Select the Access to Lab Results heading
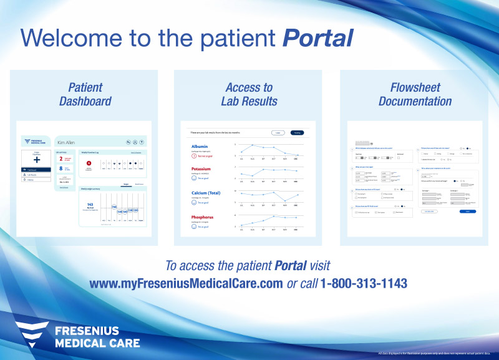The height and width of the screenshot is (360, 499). [x=249, y=94]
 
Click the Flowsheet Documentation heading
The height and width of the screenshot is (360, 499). [x=415, y=94]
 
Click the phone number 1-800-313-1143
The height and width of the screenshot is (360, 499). [x=364, y=283]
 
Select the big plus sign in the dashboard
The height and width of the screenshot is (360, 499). [x=37, y=160]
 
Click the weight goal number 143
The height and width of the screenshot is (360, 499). [x=90, y=204]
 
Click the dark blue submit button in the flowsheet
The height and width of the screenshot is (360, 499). [x=467, y=212]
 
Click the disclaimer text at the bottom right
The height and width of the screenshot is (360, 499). [x=436, y=353]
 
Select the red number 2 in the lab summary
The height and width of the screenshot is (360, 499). [x=61, y=160]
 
